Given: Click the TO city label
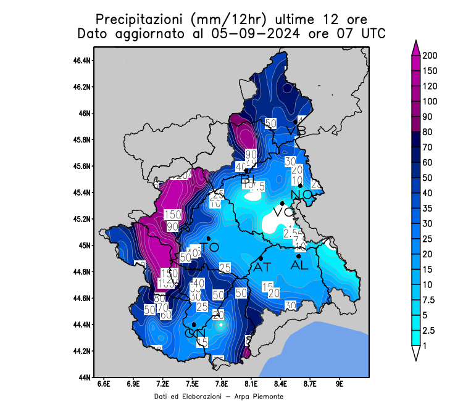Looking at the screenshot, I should pyautogui.click(x=211, y=247).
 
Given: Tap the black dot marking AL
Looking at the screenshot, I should pyautogui.click(x=299, y=257).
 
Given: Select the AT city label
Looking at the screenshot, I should pyautogui.click(x=262, y=268).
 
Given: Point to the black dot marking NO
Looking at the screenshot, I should pyautogui.click(x=300, y=186).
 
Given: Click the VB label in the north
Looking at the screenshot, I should pyautogui.click(x=296, y=131).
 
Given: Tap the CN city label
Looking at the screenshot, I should pyautogui.click(x=195, y=334).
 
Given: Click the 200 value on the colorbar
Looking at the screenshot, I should pyautogui.click(x=430, y=56).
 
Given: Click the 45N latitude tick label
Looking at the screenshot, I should pyautogui.click(x=86, y=246).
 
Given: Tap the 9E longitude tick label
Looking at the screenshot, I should pyautogui.click(x=340, y=384).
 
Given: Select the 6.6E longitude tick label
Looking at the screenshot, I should pyautogui.click(x=104, y=384).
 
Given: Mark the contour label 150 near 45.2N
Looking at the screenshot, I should pyautogui.click(x=172, y=215).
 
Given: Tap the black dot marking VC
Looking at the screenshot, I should pyautogui.click(x=282, y=203).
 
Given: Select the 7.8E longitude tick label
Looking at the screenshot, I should pyautogui.click(x=222, y=384).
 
